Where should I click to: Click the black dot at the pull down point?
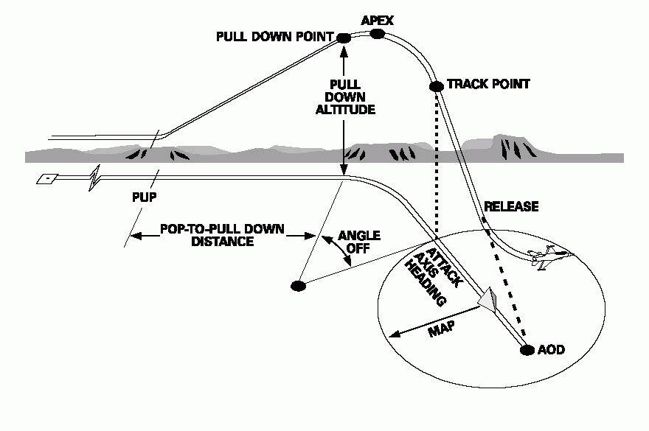(x=343, y=38)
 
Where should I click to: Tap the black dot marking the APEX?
(x=377, y=34)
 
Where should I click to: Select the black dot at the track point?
(x=436, y=86)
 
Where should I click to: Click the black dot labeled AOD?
(x=527, y=350)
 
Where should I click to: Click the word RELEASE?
(x=510, y=206)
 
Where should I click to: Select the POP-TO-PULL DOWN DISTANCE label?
(x=222, y=235)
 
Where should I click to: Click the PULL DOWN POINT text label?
(x=274, y=37)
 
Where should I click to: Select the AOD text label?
(x=552, y=350)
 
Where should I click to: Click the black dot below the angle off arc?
(x=299, y=286)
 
